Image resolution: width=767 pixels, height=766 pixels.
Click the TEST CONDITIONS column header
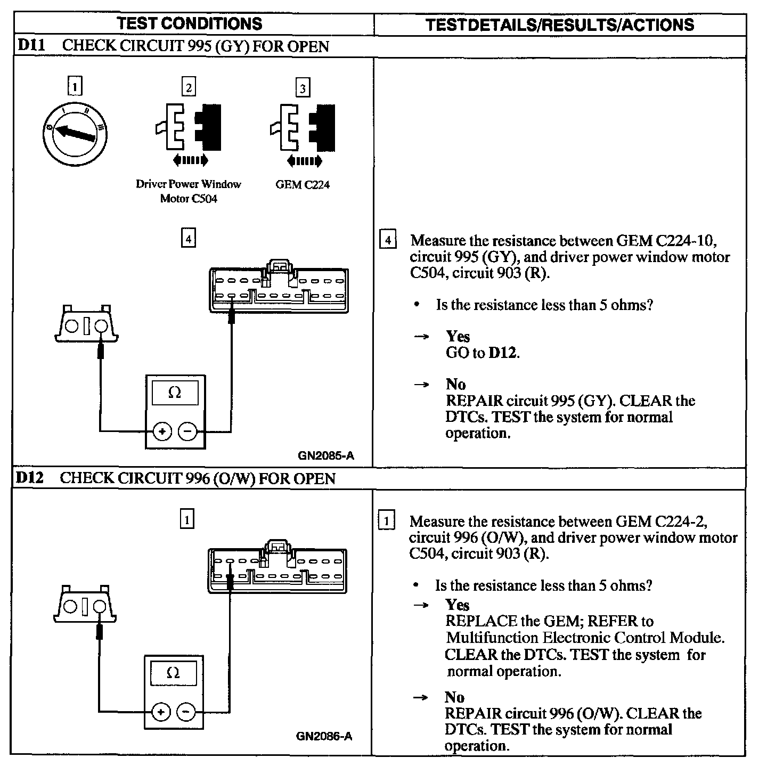pyautogui.click(x=190, y=23)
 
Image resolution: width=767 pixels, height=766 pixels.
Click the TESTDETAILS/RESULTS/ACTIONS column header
pyautogui.click(x=560, y=25)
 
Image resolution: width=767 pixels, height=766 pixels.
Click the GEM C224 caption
pyautogui.click(x=303, y=185)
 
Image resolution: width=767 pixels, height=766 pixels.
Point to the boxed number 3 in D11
pyautogui.click(x=303, y=88)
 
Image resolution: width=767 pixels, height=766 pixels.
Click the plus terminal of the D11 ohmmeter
pyautogui.click(x=162, y=431)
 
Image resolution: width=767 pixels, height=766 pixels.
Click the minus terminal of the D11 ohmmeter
pyautogui.click(x=187, y=431)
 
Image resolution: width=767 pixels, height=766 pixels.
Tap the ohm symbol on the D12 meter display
pyautogui.click(x=173, y=673)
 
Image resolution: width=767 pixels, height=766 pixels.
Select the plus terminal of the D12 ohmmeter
pyautogui.click(x=161, y=712)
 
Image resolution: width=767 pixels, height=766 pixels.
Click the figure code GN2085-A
pyautogui.click(x=326, y=455)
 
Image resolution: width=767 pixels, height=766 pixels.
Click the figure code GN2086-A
pyautogui.click(x=324, y=737)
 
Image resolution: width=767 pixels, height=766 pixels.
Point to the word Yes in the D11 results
pyautogui.click(x=458, y=336)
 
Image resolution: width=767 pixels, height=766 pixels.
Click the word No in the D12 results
pyautogui.click(x=454, y=697)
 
